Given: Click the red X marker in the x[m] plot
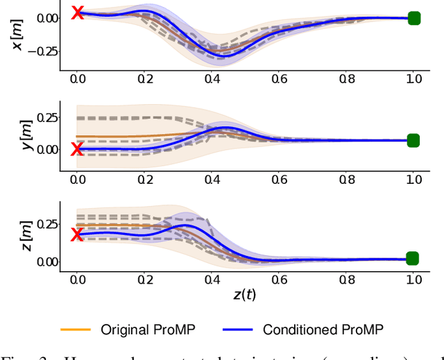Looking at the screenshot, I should pos(78,12).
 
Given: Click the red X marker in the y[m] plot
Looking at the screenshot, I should pos(78,149).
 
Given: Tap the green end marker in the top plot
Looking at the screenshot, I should pos(413,19).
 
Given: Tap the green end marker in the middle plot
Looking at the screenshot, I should pos(413,141).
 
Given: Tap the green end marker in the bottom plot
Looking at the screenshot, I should pos(413,259).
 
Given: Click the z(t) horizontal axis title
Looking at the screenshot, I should pos(245,294).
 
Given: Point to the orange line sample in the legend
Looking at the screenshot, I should pos(76,329).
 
